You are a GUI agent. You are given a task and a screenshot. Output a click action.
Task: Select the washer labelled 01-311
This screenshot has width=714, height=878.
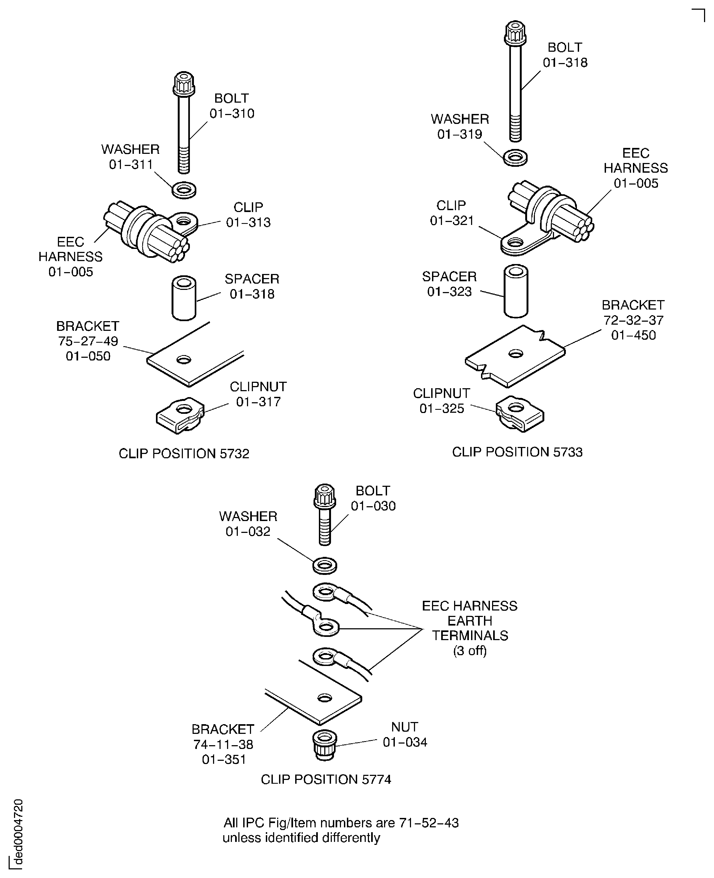[184, 190]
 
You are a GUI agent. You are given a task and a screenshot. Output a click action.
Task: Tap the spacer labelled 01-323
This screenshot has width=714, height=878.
[516, 291]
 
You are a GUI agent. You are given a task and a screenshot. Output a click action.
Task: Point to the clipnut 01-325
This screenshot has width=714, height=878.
[520, 414]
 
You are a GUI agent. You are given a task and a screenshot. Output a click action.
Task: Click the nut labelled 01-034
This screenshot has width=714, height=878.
[325, 745]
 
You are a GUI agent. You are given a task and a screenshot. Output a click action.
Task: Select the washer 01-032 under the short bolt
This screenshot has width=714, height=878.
[325, 565]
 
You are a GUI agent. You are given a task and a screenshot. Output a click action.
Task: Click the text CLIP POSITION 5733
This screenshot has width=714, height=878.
[517, 452]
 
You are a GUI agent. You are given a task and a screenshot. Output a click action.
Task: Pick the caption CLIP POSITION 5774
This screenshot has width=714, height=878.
[326, 779]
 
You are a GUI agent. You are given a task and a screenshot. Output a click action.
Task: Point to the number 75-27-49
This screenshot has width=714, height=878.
[88, 341]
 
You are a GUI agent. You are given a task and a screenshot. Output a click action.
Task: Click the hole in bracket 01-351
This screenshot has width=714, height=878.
[325, 698]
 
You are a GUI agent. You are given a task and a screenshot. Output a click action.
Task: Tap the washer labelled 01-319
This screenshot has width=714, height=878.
[515, 158]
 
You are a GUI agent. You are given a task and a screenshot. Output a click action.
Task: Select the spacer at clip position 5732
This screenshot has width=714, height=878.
[183, 298]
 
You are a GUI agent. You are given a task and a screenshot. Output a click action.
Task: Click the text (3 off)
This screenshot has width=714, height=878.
[470, 651]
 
